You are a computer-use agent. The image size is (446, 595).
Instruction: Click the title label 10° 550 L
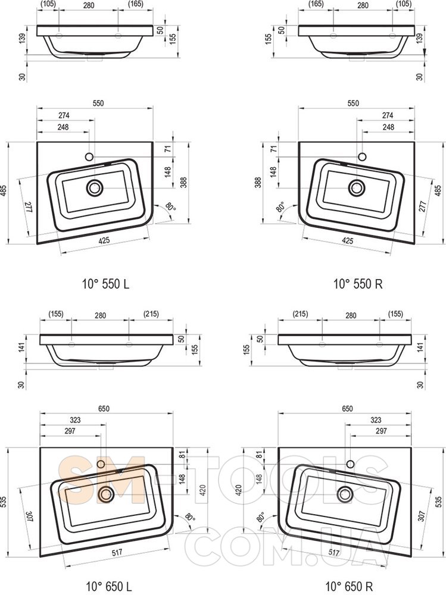[x=105, y=283]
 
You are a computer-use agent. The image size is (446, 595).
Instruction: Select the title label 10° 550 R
[x=358, y=283]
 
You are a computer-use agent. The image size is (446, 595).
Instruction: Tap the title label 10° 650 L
[x=109, y=586]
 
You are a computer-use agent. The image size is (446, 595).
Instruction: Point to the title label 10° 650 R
[x=349, y=586]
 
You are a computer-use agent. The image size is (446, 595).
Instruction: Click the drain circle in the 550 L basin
[x=95, y=188]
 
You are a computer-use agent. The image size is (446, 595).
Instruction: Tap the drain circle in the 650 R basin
[x=345, y=494]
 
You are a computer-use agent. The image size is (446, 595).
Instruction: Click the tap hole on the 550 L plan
[x=89, y=156]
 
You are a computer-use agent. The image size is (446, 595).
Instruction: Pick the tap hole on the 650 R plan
[x=350, y=464]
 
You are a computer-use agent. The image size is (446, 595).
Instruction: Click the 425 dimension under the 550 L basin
[x=104, y=240]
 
